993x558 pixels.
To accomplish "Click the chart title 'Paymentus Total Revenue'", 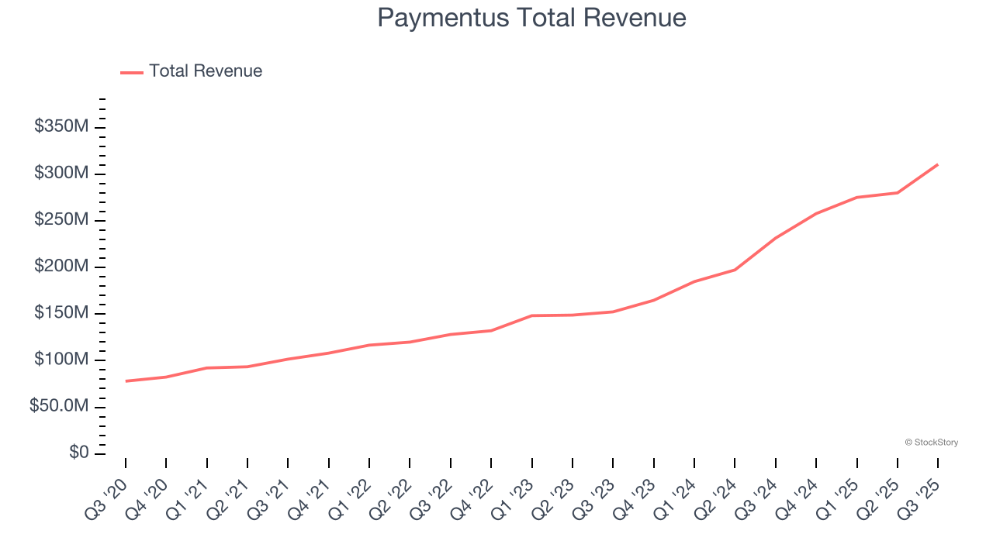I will click(x=531, y=18).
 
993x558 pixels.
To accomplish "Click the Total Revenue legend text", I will click(x=206, y=71).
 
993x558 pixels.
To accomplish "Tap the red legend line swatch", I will click(x=132, y=72).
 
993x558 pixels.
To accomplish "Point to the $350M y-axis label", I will click(x=61, y=126).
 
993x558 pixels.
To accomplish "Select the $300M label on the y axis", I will click(x=61, y=173).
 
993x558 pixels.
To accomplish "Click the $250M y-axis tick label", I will click(x=61, y=220).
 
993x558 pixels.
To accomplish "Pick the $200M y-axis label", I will click(x=61, y=267).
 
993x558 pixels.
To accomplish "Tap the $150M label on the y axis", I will click(x=61, y=313).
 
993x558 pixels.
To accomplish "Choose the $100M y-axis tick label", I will click(x=61, y=360).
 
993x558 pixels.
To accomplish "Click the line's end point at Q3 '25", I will click(x=938, y=164).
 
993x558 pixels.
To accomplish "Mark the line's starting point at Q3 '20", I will click(x=126, y=381).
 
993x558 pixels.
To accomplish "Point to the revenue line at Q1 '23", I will click(x=532, y=315).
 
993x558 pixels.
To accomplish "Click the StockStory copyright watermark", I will click(x=931, y=443).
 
